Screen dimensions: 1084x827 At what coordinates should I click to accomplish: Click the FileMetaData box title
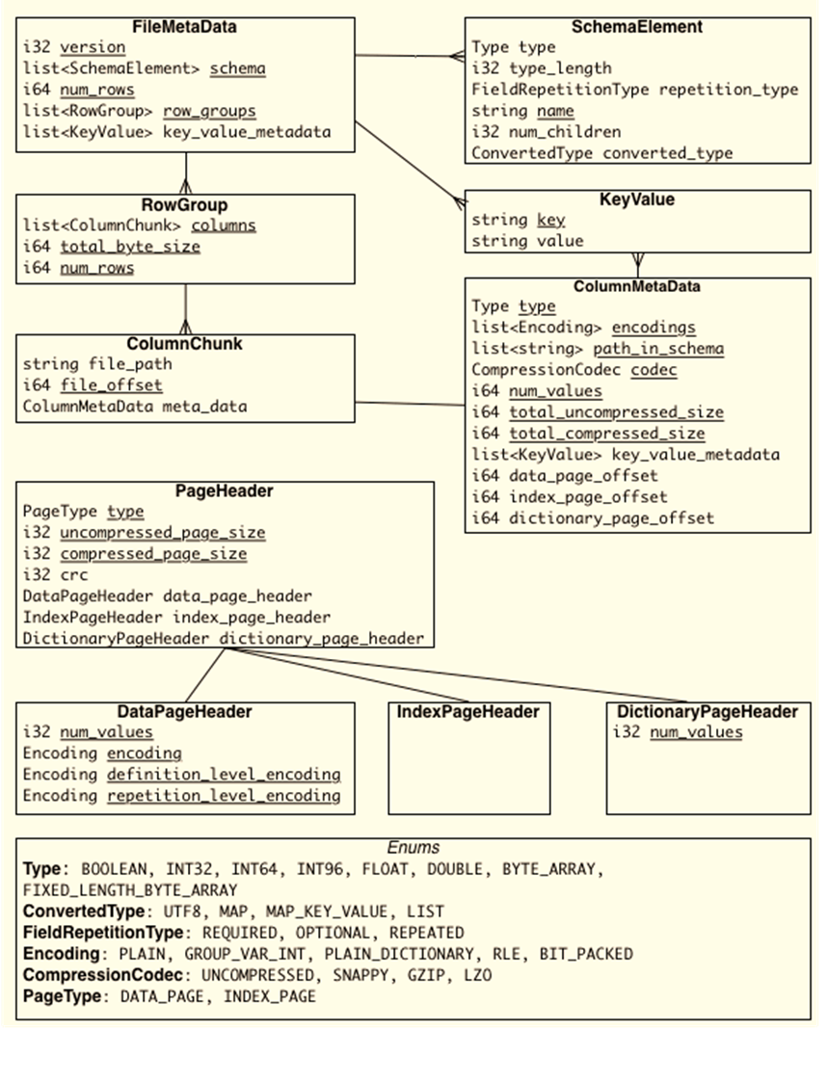coord(184,26)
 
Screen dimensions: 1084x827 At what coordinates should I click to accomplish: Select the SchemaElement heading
coord(636,27)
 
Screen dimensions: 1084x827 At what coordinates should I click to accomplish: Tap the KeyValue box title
coord(637,200)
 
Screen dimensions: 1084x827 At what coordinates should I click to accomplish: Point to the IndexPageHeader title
coord(467,712)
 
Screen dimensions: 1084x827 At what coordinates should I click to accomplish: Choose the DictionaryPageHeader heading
coord(707,712)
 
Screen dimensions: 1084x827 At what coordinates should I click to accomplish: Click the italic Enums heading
coord(413,848)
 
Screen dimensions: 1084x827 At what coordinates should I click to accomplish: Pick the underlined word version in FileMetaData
coord(93,47)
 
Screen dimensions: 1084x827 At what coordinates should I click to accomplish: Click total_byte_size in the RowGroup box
coord(130,247)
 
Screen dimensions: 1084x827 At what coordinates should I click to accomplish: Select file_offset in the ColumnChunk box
coord(107,385)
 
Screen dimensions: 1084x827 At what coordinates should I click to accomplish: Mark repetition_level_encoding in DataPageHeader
coord(224,796)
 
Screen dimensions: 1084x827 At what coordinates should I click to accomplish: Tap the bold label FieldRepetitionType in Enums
coord(101,933)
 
